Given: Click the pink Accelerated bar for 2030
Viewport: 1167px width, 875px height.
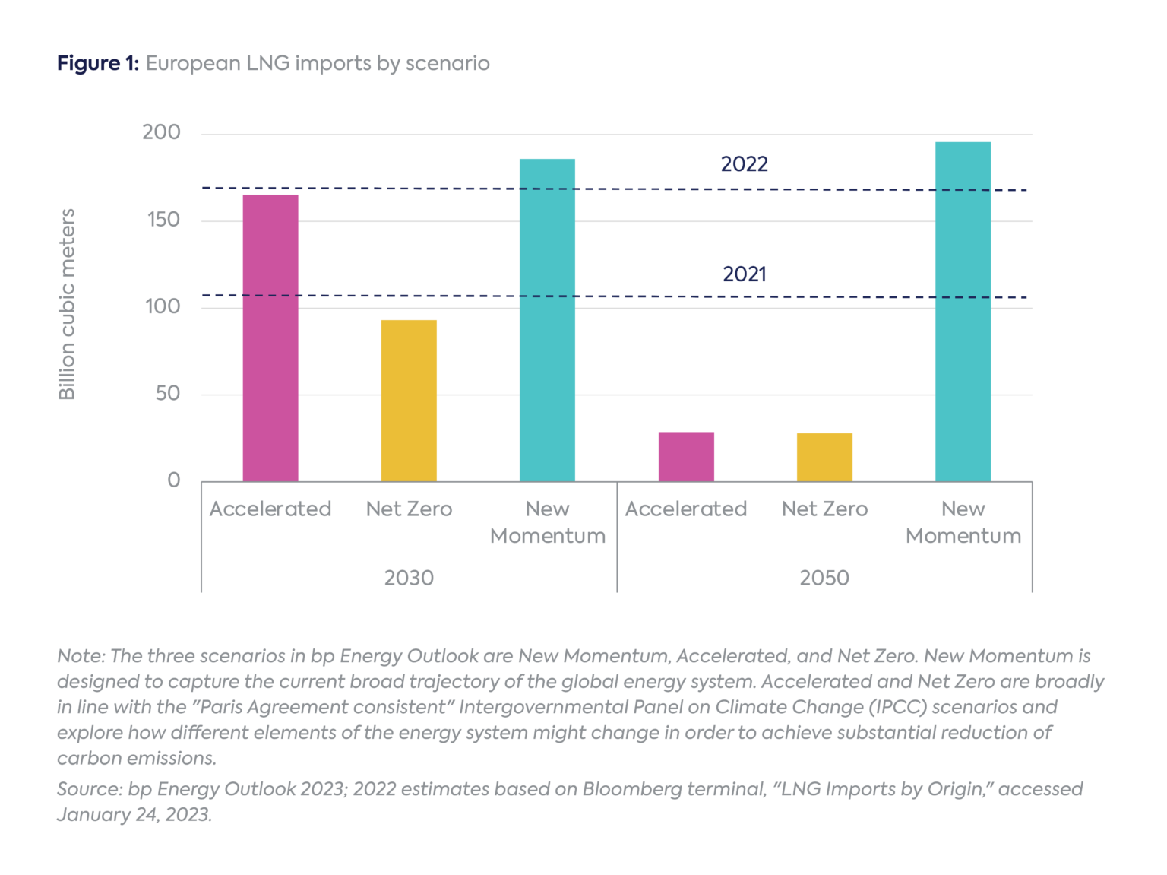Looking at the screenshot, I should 270,338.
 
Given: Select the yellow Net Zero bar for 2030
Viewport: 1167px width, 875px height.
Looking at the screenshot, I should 409,401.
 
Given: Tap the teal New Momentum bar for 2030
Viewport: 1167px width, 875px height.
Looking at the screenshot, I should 547,320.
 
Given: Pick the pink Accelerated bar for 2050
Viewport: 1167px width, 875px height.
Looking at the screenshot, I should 686,456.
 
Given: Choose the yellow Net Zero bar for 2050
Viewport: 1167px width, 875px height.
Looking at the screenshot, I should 824,457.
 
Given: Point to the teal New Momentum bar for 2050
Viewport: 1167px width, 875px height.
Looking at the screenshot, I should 963,312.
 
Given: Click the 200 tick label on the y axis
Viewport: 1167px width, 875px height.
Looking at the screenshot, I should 161,132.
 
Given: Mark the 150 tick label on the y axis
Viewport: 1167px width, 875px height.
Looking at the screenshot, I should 163,220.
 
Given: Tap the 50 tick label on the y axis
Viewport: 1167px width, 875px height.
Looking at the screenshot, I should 168,393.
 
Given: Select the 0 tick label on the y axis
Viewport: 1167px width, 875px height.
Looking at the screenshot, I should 174,480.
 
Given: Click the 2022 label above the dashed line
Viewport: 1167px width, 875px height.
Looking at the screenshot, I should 744,164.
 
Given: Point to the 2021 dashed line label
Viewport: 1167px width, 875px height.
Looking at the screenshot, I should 744,274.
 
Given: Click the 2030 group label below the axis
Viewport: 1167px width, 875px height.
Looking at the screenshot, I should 409,578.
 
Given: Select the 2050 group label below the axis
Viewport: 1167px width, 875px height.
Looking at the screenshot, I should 824,578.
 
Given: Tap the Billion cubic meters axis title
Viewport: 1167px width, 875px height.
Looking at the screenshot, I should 68,304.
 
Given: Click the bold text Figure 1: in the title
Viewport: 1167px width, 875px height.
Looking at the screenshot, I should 98,63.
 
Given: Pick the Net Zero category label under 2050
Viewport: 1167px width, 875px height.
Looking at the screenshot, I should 824,509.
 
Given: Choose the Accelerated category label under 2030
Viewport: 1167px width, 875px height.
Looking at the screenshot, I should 270,509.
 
